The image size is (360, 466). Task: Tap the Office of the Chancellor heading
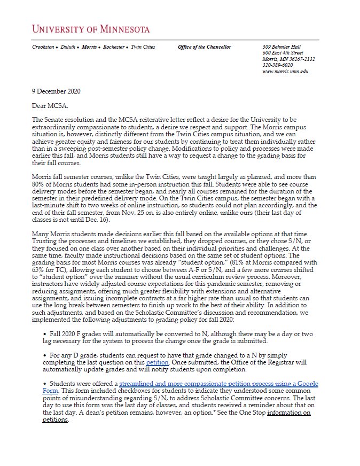tap(205, 47)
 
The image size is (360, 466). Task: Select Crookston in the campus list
tap(43, 47)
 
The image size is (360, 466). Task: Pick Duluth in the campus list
tap(67, 47)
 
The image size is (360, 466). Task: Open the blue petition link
tap(156, 362)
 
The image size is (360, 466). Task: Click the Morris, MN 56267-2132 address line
tap(288, 59)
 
